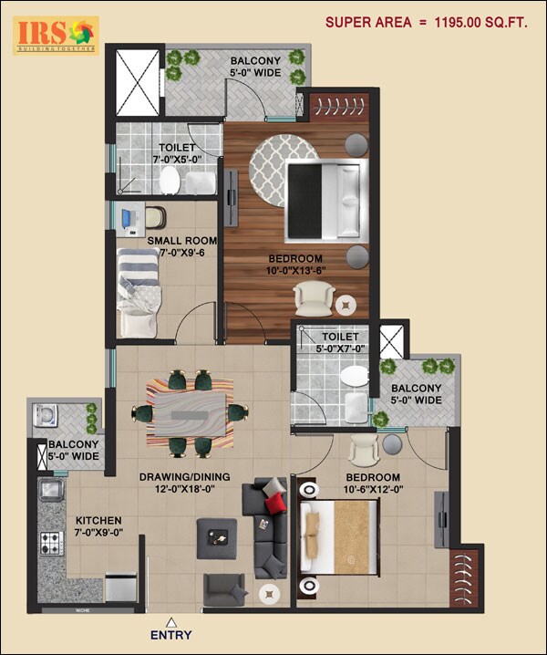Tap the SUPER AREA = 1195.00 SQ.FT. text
tap(427, 23)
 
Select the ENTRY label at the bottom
tap(170, 634)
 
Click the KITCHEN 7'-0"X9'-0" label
tap(98, 526)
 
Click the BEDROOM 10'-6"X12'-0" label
tap(374, 484)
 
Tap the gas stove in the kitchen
tap(49, 544)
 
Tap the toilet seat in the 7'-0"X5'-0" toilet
tap(169, 183)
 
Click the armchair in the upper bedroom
tap(313, 297)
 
